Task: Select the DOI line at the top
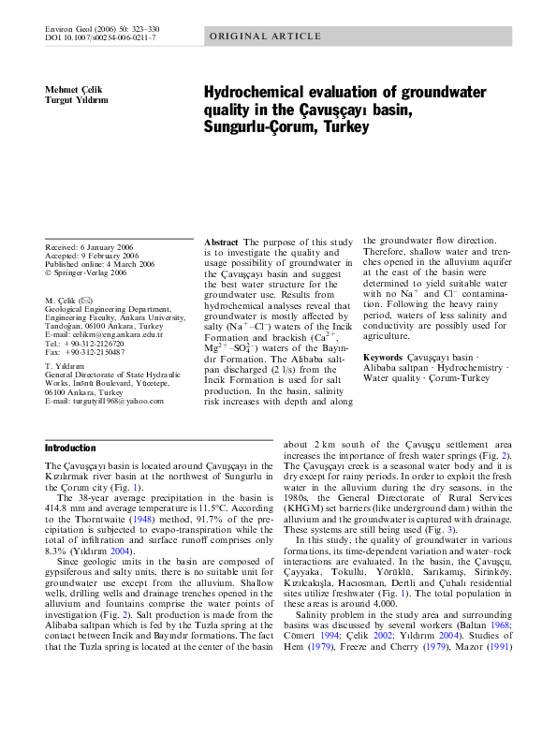pos(101,37)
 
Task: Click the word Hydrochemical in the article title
pos(264,92)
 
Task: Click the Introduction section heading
pos(70,448)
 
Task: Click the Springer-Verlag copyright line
pos(90,273)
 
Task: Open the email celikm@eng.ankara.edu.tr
pos(114,334)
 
